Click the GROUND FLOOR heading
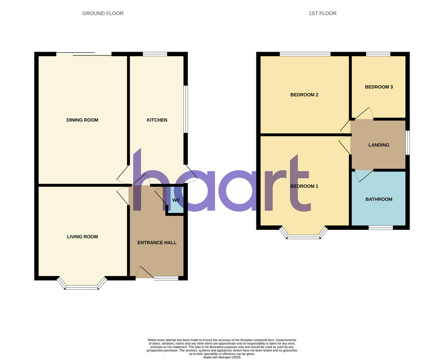[x=103, y=13]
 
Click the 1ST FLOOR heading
[x=322, y=13]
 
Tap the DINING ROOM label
[x=82, y=120]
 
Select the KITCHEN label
[x=157, y=120]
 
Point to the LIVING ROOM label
[x=82, y=237]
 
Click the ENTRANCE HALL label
[x=157, y=242]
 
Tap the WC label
[x=176, y=200]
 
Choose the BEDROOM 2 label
[x=304, y=95]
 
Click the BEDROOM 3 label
[x=379, y=87]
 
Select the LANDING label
[x=379, y=145]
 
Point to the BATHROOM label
[x=379, y=199]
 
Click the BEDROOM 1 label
[x=304, y=186]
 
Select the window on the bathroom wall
[x=380, y=228]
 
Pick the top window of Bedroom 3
[x=378, y=54]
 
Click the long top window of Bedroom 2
[x=305, y=54]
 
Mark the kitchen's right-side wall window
[x=186, y=109]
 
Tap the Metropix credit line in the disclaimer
[x=222, y=357]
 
